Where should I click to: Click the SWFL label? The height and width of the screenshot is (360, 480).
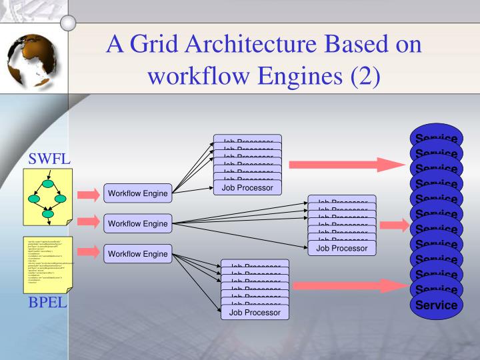(49, 160)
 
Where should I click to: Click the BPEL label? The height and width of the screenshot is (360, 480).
(49, 304)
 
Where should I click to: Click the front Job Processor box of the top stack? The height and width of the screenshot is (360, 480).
(247, 188)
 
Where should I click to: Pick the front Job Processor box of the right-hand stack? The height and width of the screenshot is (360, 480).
(342, 248)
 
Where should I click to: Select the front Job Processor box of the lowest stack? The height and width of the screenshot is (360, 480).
(255, 311)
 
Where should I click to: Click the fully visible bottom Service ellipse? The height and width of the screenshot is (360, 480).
(437, 305)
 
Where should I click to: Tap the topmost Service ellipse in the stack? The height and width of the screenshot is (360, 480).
(437, 135)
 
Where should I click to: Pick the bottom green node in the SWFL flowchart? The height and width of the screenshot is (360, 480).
(48, 214)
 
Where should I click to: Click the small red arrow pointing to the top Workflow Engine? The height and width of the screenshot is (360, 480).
(89, 195)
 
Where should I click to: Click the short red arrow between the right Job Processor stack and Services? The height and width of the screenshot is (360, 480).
(394, 225)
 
